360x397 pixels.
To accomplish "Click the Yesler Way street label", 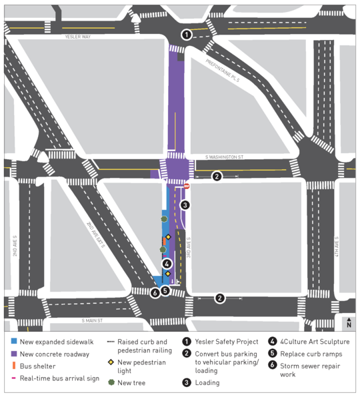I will coord(77,37).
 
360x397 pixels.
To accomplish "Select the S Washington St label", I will coord(225,157).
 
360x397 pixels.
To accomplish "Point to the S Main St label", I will coord(93,320).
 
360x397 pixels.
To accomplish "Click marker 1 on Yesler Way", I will coord(187,35).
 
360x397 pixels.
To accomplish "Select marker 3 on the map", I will coord(185,205).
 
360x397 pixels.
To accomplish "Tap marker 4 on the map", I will coord(167,264).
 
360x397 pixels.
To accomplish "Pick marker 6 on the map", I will coord(155,292).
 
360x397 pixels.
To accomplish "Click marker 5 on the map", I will coord(166,290).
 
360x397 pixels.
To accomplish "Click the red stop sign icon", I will coord(187,187).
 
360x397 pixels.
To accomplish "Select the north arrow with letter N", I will coord(348,322).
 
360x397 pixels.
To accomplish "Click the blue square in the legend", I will coord(13,342).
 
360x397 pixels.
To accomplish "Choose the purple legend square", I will coord(13,354).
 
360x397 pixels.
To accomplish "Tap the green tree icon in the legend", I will coord(111,383).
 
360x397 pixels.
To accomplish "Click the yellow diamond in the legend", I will coord(111,362).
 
